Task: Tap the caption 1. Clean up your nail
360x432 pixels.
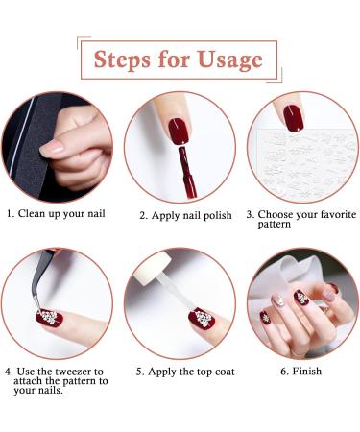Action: pos(57,215)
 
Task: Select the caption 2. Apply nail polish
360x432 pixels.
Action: pos(185,215)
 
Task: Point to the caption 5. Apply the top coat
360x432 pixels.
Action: pos(185,371)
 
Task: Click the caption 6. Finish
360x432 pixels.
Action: pos(301,371)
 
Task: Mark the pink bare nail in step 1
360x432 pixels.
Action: pos(53,146)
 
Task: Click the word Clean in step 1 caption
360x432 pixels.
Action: pos(34,215)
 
